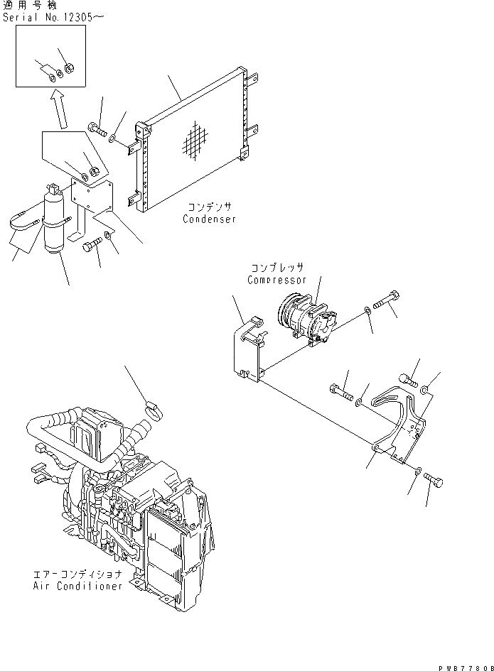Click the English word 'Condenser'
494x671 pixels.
pos(209,219)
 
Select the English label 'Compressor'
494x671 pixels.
pos(276,280)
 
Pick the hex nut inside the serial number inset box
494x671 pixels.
pos(69,69)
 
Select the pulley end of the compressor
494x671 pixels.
pos(288,314)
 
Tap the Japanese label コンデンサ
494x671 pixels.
pos(210,207)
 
